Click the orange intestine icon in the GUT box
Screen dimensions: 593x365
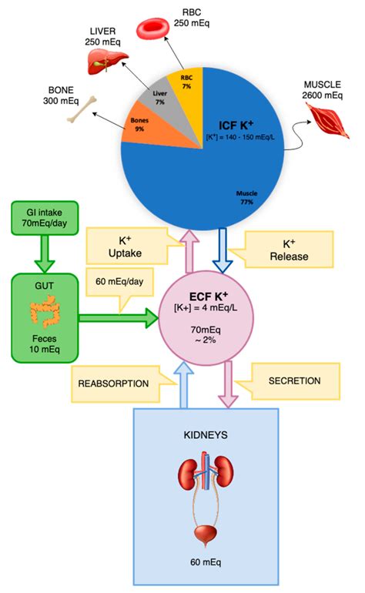pos(43,313)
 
